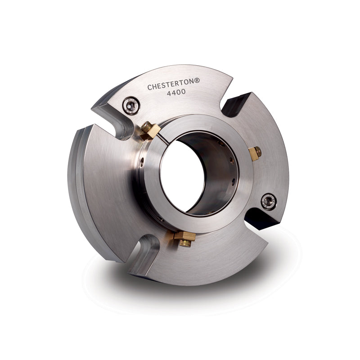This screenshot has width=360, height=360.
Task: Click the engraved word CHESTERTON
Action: (x=171, y=84)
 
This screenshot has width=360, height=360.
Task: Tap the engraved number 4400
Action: (x=176, y=93)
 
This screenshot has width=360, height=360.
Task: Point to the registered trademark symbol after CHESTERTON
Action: (x=197, y=81)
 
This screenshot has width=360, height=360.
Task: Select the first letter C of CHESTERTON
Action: (x=149, y=87)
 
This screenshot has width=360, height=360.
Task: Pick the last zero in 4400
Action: (x=183, y=92)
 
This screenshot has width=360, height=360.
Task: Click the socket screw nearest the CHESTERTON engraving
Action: (x=131, y=105)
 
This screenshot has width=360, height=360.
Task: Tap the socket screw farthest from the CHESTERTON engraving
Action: (x=269, y=202)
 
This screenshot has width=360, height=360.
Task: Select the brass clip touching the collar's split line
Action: (x=150, y=130)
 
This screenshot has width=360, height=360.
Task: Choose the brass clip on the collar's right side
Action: (x=255, y=153)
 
